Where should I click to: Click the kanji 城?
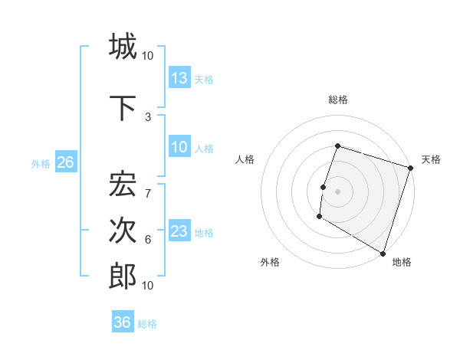[123, 47]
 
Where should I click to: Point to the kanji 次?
[123, 231]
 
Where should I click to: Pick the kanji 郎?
[123, 275]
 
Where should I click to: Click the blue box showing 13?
[179, 78]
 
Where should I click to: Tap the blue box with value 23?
[179, 231]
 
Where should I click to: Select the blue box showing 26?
[65, 162]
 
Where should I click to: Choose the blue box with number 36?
[123, 322]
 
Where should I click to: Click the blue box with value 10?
[179, 147]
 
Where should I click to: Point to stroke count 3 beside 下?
[148, 116]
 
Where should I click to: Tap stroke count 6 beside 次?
[148, 239]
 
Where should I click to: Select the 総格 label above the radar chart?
[337, 100]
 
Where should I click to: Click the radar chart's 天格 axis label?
[431, 159]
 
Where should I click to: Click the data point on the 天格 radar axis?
[410, 168]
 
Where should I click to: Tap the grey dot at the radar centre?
[337, 191]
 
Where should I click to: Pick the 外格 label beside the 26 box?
[41, 163]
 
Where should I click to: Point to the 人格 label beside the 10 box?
[204, 148]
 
